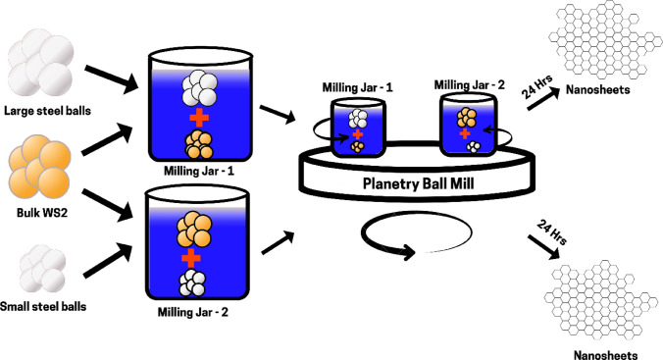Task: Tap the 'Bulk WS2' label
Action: coord(41,212)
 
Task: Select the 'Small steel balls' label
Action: coord(45,306)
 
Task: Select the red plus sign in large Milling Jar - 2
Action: coord(204,255)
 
